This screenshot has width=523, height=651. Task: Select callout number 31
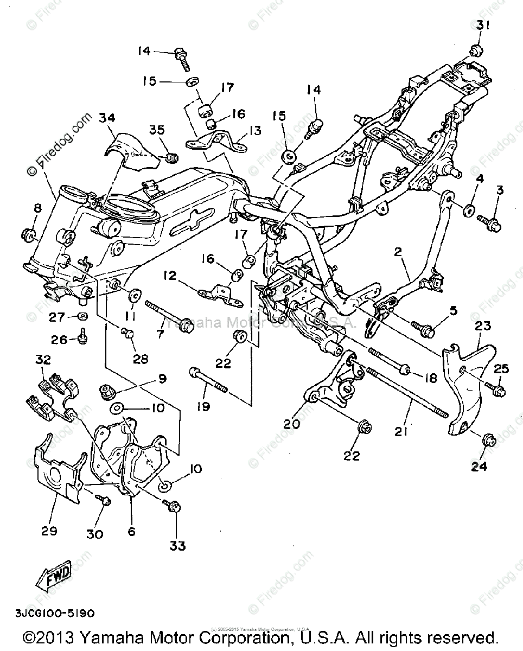pos(483,25)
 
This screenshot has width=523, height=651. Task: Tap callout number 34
pos(107,118)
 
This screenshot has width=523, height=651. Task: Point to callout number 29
pos(49,531)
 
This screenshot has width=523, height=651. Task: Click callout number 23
pos(482,326)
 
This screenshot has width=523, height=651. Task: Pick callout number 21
pos(401,431)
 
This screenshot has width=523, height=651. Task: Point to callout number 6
pos(131,532)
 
